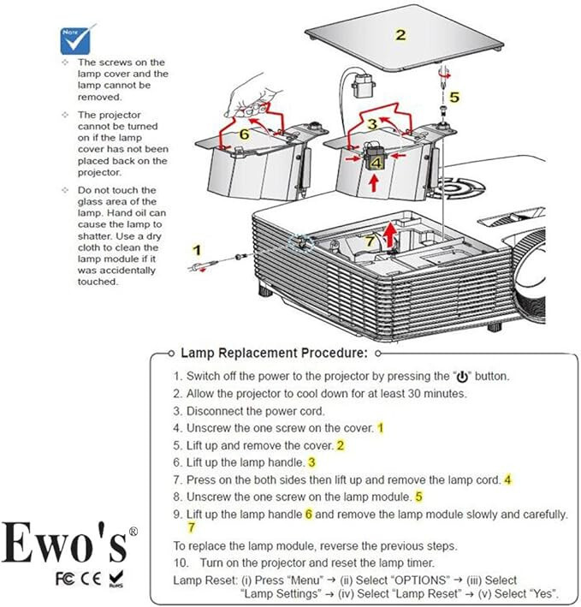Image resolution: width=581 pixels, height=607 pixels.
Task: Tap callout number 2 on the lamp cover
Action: click(400, 35)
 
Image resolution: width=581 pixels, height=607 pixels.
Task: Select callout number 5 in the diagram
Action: click(454, 97)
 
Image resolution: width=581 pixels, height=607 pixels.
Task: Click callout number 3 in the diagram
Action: click(372, 123)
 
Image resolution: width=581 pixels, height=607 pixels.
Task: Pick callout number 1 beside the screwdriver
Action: click(197, 250)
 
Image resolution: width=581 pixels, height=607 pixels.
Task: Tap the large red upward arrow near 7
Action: click(391, 232)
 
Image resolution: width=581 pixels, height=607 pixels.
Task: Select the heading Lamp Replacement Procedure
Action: click(274, 353)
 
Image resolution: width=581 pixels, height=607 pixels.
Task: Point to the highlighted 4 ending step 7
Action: click(507, 479)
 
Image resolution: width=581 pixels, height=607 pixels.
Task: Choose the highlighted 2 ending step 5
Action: click(340, 445)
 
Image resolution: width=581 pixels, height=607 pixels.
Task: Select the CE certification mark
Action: click(92, 578)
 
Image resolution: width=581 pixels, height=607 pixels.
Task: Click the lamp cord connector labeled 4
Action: click(375, 161)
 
